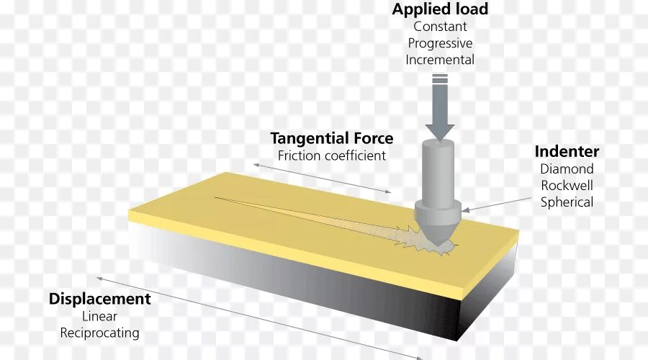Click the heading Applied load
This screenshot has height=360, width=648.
(440, 9)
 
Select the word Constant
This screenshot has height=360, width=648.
(440, 27)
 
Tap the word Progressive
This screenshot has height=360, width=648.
(440, 43)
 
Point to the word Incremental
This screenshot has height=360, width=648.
(440, 60)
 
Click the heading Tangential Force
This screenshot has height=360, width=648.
(331, 138)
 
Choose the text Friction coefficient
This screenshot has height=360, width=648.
(331, 156)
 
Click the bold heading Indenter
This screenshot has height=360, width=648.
(567, 151)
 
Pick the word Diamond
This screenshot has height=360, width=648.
(567, 169)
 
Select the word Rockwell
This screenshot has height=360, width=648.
(567, 186)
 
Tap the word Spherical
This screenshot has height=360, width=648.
(567, 202)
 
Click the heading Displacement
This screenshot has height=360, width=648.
(99, 299)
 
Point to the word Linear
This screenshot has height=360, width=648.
(99, 317)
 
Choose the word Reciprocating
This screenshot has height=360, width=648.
(99, 333)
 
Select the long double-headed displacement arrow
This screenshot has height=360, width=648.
(259, 318)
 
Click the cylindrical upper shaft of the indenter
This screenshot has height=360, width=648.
(438, 169)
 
